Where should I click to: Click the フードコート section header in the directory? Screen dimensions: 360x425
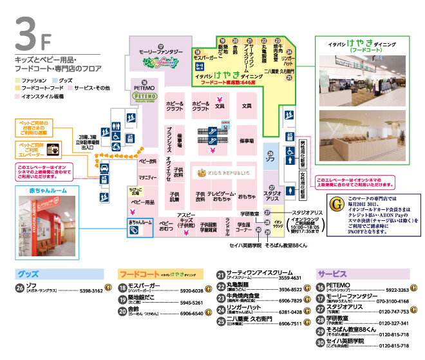click(139, 273)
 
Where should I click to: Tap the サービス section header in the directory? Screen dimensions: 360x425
click(331, 273)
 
